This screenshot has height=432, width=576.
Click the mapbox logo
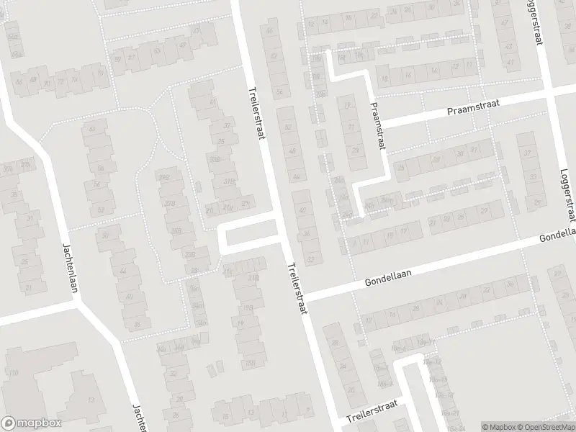31,423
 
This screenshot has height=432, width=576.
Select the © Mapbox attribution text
498,427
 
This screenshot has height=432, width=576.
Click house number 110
13,372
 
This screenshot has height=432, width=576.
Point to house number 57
132,57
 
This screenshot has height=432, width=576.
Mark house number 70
100,73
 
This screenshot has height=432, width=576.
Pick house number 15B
250,363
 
